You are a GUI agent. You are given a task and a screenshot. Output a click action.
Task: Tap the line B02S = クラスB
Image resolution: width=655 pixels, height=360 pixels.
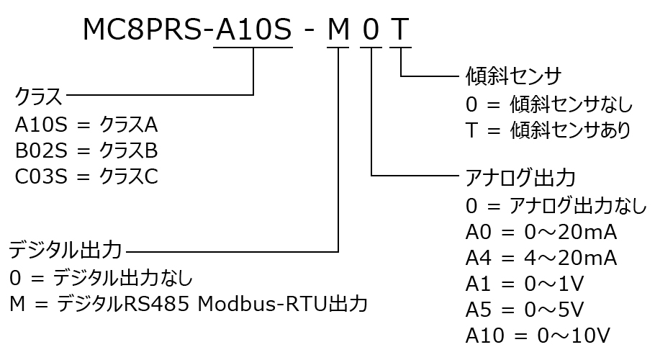(x=86, y=151)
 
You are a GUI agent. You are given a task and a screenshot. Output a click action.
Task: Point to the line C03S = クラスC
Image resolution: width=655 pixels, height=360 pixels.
(x=86, y=176)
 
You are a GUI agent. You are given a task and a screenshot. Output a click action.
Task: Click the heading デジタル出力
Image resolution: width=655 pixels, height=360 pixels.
(x=65, y=251)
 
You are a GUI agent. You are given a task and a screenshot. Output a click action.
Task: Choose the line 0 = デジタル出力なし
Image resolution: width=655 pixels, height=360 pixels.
(x=101, y=277)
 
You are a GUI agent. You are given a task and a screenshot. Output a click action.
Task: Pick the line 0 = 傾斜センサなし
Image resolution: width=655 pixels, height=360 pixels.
(x=548, y=104)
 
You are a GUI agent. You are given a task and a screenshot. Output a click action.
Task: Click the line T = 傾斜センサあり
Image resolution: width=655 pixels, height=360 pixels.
(x=548, y=130)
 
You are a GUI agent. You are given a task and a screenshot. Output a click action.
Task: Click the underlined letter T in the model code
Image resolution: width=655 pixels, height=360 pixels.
(x=400, y=30)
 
